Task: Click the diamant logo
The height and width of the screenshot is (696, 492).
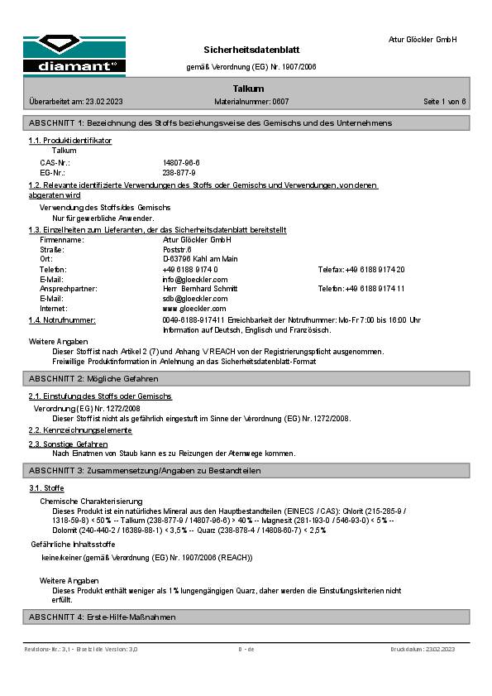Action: pos(74,55)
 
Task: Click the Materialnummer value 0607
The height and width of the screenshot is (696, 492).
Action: pos(280,102)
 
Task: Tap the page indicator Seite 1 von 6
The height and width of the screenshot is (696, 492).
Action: pos(445,102)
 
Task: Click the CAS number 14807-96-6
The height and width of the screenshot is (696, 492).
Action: pos(181,163)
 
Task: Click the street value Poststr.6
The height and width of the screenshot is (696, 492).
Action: pos(178,249)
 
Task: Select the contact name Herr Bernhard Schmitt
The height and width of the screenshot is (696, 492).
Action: pos(199,289)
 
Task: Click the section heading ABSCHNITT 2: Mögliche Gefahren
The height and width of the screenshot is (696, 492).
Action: pos(93,378)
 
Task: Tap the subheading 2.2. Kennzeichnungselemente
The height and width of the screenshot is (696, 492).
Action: pos(80,430)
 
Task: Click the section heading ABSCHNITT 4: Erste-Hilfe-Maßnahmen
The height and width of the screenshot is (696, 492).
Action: pos(102,617)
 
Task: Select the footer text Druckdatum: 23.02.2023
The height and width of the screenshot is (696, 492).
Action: pos(423,650)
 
